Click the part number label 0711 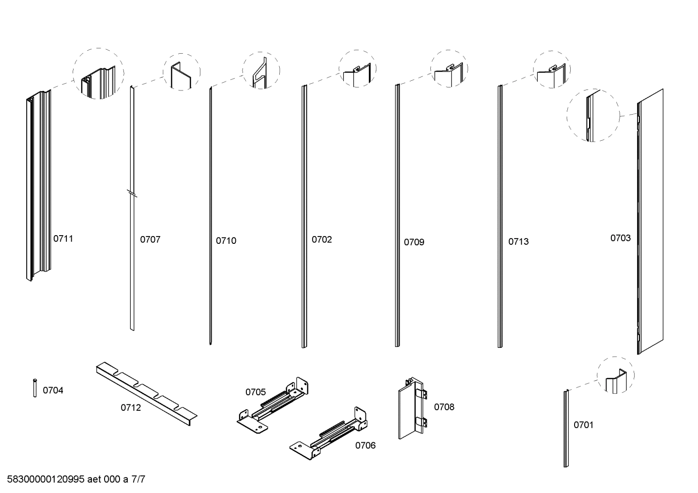pyautogui.click(x=63, y=239)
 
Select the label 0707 pyautogui.click(x=150, y=239)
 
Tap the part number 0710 pyautogui.click(x=226, y=240)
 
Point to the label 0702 pyautogui.click(x=321, y=239)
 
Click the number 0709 pyautogui.click(x=414, y=242)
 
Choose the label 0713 pyautogui.click(x=518, y=241)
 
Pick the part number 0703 pyautogui.click(x=620, y=238)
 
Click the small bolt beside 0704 pyautogui.click(x=35, y=388)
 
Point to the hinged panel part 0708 pyautogui.click(x=411, y=408)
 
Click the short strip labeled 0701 pyautogui.click(x=566, y=428)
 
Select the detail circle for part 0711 pyautogui.click(x=98, y=74)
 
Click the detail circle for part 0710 pyautogui.click(x=261, y=71)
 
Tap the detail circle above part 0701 pyautogui.click(x=615, y=375)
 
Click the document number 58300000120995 pyautogui.click(x=46, y=479)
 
